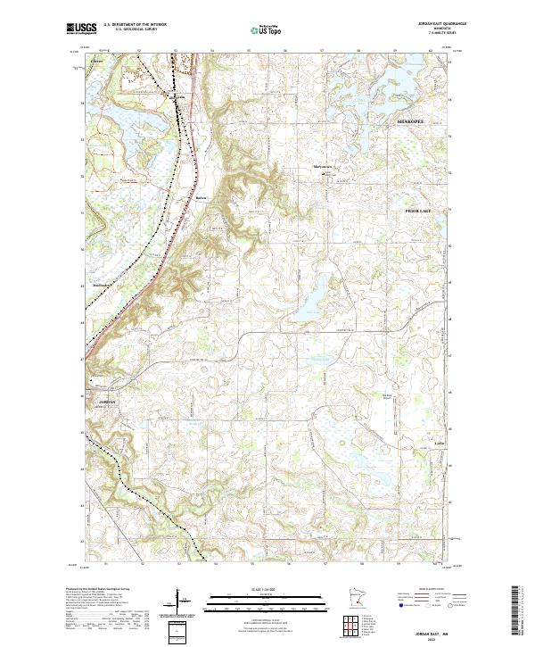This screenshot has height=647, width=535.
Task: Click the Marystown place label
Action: pos(322,165)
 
